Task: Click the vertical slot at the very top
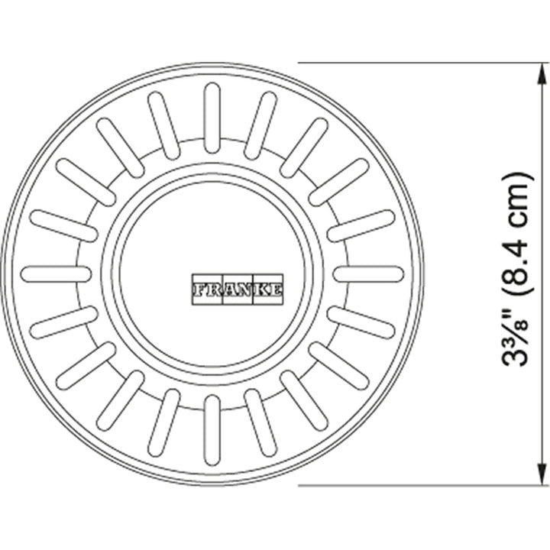point(212,118)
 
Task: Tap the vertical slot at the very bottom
point(212,430)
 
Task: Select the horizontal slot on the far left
point(56,274)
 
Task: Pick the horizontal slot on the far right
point(368,274)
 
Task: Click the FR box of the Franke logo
point(207,290)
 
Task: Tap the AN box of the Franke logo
point(238,290)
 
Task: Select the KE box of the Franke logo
point(268,290)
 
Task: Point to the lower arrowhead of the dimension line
point(542,474)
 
